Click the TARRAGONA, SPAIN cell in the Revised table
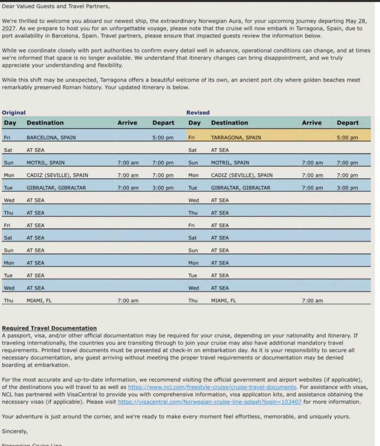(236, 138)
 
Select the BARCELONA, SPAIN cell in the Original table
(51, 138)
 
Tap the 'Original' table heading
(14, 113)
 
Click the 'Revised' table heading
(198, 113)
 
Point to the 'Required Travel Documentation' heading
(49, 328)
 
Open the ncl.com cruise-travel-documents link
(212, 387)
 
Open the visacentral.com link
(210, 402)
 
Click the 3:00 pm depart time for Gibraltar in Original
(163, 188)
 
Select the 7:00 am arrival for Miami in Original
(128, 301)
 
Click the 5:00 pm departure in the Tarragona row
(347, 138)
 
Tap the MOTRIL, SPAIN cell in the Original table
(45, 163)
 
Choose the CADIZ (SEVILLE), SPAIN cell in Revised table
(242, 175)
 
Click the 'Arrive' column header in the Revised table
(312, 123)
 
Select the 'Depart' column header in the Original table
(163, 123)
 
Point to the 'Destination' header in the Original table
(45, 123)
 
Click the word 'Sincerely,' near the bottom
(15, 432)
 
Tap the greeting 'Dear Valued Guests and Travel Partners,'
(56, 6)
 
